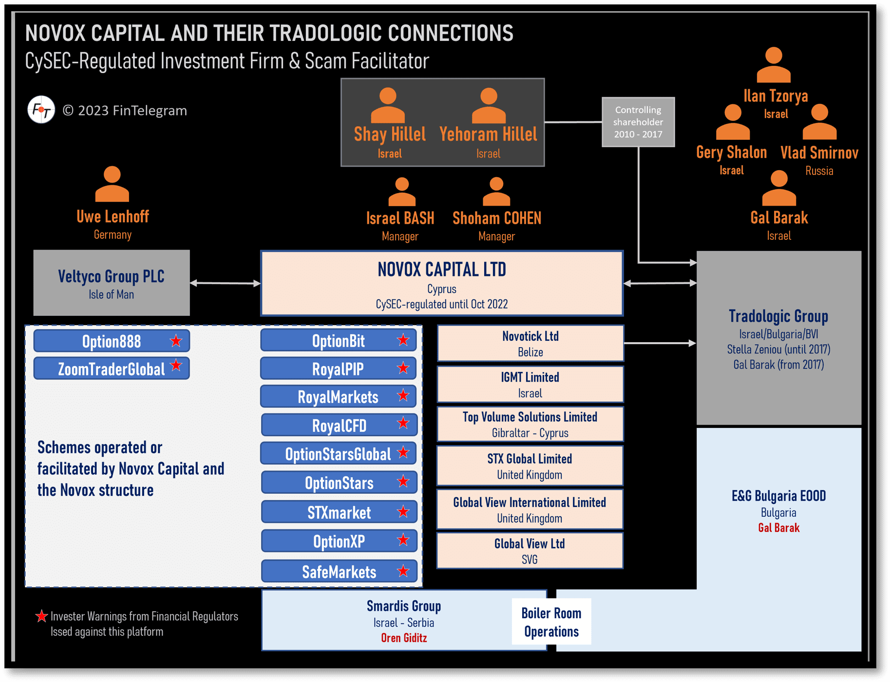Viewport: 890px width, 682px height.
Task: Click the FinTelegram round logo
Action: pos(41,110)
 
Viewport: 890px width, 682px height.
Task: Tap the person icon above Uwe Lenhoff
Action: pos(112,184)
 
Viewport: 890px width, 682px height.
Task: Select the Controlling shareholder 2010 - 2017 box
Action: pos(638,122)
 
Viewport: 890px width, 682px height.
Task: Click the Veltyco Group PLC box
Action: pos(112,283)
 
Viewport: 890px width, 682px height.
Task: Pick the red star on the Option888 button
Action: pos(176,341)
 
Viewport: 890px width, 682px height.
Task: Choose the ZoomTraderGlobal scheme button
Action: pos(112,369)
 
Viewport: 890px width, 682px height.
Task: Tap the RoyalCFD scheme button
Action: pos(339,425)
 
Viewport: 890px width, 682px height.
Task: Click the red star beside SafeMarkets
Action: pos(403,571)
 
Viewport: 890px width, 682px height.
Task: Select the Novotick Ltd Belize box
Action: pos(530,344)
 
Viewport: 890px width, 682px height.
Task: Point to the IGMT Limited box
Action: pos(530,385)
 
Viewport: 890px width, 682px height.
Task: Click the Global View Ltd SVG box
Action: pos(530,551)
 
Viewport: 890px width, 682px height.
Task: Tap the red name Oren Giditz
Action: pos(404,638)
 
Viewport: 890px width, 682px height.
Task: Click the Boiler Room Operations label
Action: pos(551,622)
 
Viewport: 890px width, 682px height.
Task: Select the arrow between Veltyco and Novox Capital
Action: pos(225,283)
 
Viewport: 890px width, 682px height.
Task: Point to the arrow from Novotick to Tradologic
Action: pos(660,343)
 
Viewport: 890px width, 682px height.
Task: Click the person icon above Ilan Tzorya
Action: pos(774,65)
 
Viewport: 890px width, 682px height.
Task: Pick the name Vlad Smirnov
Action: pos(819,153)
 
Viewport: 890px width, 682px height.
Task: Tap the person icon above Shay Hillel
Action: pos(388,105)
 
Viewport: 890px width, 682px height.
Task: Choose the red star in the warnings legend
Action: pos(42,616)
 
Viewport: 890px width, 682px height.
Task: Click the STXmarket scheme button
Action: pos(339,512)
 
